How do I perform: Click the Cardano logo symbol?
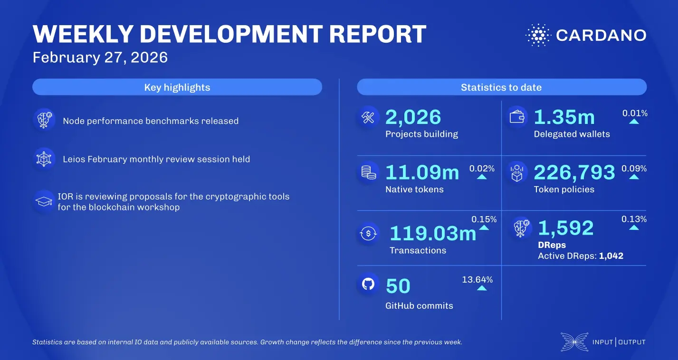click(x=537, y=35)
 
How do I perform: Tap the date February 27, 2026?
click(x=100, y=57)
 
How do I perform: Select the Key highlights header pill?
click(x=177, y=87)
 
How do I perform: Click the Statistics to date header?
click(x=501, y=87)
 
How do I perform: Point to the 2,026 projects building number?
click(x=413, y=117)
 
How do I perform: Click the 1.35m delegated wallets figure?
click(x=564, y=117)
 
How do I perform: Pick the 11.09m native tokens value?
click(x=422, y=172)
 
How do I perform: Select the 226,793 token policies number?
click(x=574, y=172)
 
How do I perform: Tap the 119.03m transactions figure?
click(x=432, y=233)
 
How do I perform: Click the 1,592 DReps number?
click(x=565, y=228)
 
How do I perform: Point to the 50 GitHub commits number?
click(x=398, y=286)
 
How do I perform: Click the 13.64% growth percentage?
click(x=477, y=279)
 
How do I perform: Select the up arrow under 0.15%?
click(x=484, y=227)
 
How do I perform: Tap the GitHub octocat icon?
click(x=368, y=284)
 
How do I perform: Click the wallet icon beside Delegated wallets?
click(x=516, y=117)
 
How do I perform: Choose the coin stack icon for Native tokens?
click(x=368, y=172)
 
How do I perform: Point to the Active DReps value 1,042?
click(x=611, y=256)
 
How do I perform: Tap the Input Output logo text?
click(x=619, y=342)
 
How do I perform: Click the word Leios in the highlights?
click(x=74, y=159)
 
